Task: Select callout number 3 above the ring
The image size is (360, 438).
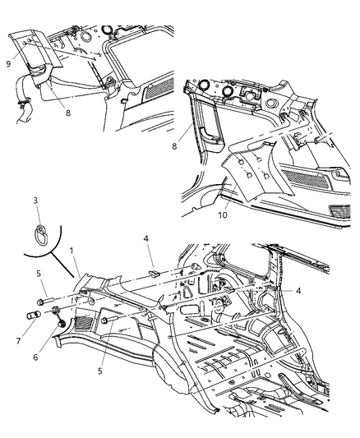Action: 35,200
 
